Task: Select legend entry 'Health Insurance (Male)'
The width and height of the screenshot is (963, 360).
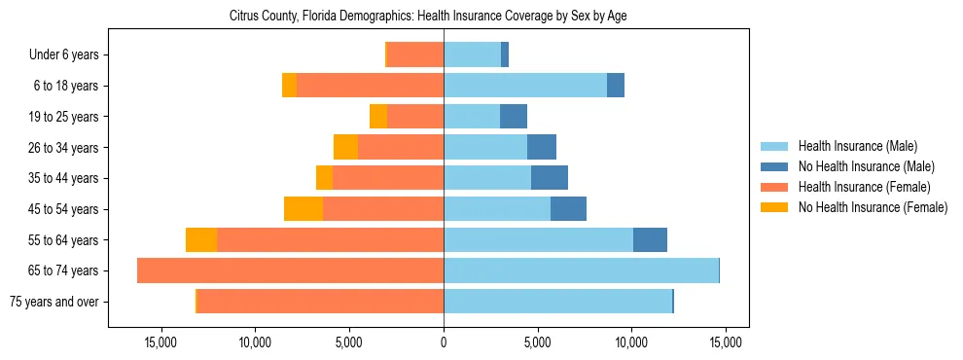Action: pos(857,147)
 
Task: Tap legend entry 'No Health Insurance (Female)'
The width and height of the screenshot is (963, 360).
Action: pos(873,207)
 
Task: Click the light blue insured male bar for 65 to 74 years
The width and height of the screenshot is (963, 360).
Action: pos(581,270)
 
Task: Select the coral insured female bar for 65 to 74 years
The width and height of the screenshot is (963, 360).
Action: pos(291,270)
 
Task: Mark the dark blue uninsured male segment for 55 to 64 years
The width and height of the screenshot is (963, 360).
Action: pos(650,239)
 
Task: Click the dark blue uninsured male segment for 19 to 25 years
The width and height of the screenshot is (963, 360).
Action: pos(514,117)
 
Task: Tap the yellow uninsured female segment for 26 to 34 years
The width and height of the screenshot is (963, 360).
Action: pos(345,147)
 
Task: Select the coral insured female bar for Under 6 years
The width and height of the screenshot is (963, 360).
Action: pos(415,54)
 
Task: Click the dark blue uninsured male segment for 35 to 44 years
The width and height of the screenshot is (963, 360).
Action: pos(550,178)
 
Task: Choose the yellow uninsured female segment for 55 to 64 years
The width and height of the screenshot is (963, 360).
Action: pos(201,239)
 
